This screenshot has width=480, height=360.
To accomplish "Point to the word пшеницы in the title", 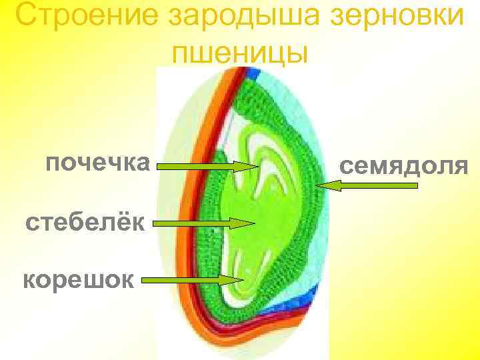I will point(240,52).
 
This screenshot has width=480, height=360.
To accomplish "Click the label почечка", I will point(97,162).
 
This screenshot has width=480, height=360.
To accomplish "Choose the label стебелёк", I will point(85,221).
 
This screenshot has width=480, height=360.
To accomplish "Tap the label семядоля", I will point(404,165).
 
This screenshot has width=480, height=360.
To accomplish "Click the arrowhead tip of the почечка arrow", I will point(257,167).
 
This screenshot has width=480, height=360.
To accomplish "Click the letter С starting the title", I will point(25,16).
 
